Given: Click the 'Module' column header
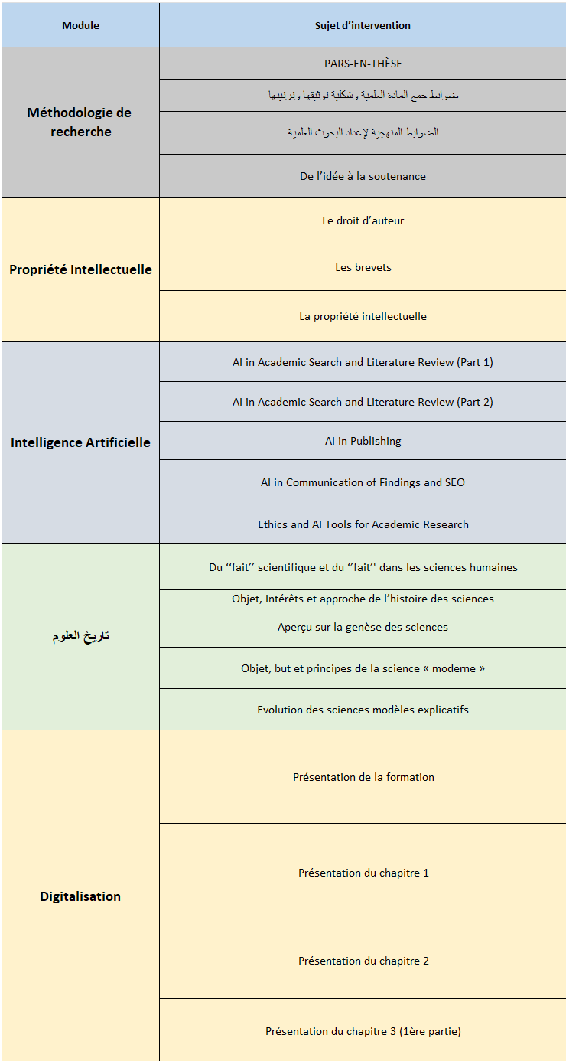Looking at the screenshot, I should click(80, 25).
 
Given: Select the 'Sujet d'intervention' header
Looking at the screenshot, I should click(363, 25).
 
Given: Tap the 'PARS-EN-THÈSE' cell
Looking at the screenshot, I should click(363, 64).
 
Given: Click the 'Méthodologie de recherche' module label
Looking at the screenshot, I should click(80, 122).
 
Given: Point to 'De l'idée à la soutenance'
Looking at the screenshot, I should click(363, 176).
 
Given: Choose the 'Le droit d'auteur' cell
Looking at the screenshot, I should click(363, 220).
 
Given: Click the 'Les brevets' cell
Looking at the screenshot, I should click(363, 267).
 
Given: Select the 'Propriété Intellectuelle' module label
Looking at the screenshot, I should click(80, 269).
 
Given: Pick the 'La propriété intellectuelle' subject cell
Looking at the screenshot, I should click(363, 316).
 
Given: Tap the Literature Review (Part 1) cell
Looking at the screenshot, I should click(363, 362).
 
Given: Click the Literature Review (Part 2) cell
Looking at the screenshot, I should click(363, 402).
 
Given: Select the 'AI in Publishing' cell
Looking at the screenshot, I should click(363, 441).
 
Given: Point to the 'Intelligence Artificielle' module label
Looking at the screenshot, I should click(80, 442).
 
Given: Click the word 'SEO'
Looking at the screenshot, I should click(454, 482).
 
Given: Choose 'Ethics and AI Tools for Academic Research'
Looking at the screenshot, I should click(363, 524).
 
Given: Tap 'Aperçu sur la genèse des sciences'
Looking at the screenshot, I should click(363, 627).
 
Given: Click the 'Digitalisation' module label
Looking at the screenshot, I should click(80, 896).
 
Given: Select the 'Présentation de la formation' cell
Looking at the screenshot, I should click(363, 777).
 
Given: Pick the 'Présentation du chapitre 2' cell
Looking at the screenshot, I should click(363, 961).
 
